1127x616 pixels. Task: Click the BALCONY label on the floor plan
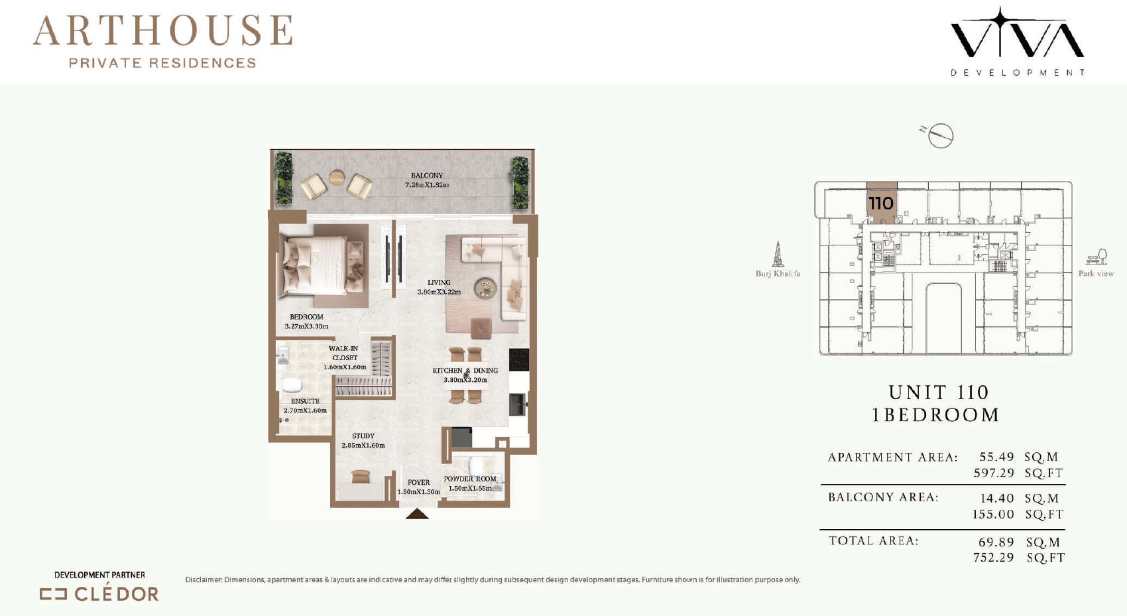[427, 176]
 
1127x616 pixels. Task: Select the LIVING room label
[439, 282]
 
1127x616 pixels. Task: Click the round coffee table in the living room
[485, 288]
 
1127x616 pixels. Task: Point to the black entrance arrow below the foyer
[417, 514]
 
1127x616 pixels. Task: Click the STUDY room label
[363, 436]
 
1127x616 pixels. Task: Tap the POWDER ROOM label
[470, 479]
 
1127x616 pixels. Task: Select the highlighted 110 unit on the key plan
[881, 203]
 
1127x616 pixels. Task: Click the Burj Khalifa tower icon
[778, 254]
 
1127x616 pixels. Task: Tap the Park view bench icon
[1097, 257]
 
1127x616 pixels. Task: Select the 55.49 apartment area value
[996, 456]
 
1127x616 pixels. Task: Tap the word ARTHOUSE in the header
[163, 31]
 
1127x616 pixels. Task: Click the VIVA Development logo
[1017, 41]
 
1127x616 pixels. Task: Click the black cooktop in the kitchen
[518, 359]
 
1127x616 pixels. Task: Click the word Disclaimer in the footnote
[204, 580]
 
